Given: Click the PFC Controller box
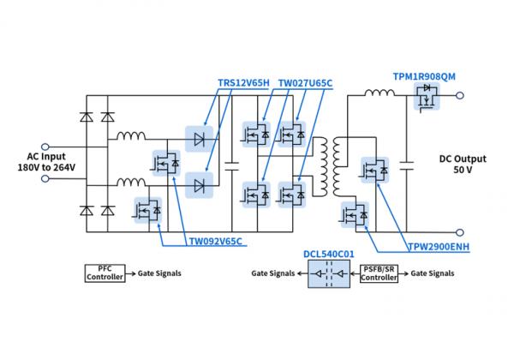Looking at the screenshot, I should pyautogui.click(x=105, y=273).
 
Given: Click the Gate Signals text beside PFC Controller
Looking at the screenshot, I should pyautogui.click(x=157, y=273).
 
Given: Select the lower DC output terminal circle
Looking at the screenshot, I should pyautogui.click(x=462, y=231).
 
